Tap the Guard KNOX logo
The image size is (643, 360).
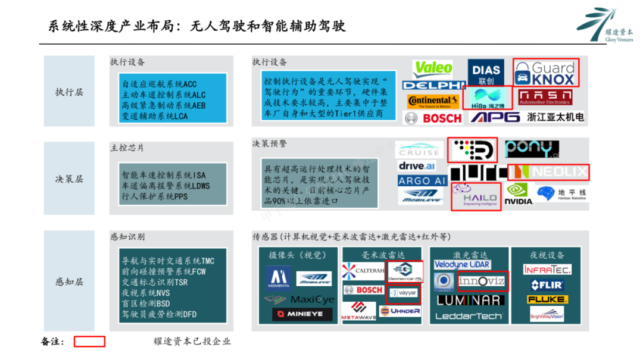coord(545,73)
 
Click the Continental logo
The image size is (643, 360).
coord(433,101)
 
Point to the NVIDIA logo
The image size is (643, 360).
coord(519,194)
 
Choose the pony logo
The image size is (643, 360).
coord(532,149)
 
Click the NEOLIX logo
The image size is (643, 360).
coord(548,173)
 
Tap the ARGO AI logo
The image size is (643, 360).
coord(422,180)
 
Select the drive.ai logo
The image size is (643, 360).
coord(417,166)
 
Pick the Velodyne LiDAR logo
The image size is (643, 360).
coord(462,264)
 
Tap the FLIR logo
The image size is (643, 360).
coord(547,285)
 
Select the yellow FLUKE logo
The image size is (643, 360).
coord(547,299)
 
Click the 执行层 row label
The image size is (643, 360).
coord(69,92)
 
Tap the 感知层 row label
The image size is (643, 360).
coord(69,281)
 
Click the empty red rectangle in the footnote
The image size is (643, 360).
coord(89,342)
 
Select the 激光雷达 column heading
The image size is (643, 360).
coord(469,254)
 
